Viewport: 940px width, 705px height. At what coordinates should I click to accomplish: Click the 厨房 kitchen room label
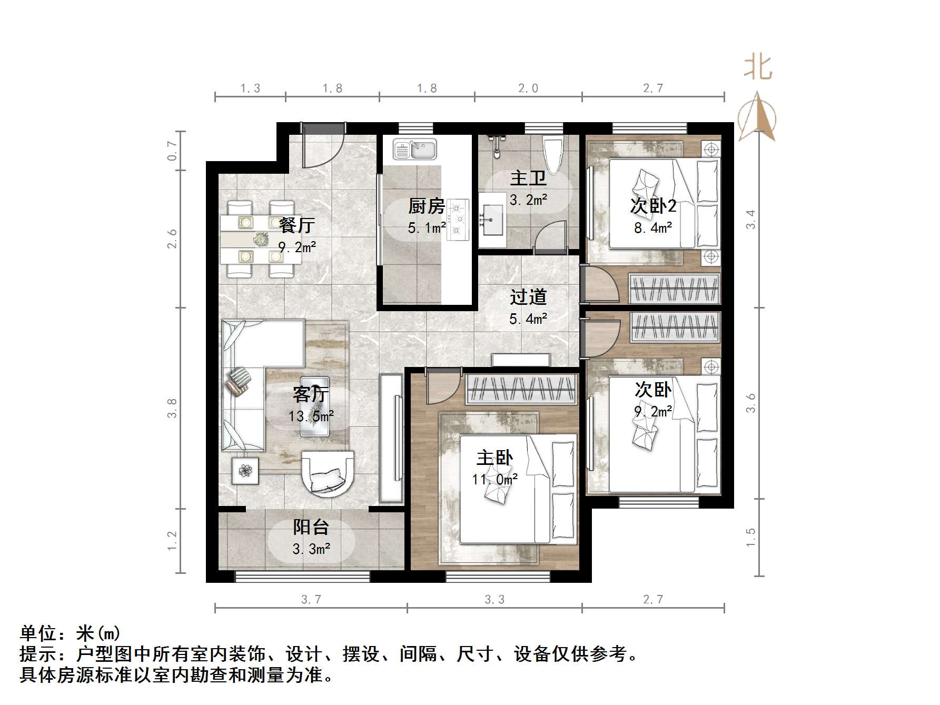coord(427,206)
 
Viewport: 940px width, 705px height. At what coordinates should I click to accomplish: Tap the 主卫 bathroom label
coord(528,178)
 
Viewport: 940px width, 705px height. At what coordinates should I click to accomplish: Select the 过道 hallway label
coord(528,297)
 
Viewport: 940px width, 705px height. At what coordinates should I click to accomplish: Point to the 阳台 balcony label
coord(311,527)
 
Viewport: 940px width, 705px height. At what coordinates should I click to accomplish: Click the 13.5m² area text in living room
coord(311,416)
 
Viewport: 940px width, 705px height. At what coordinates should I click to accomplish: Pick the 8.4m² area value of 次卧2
coord(653,228)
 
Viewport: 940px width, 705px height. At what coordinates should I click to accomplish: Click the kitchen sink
coord(415,149)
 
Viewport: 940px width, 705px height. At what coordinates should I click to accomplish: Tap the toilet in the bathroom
coord(553,153)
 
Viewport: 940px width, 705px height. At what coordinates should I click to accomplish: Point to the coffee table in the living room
coord(315,406)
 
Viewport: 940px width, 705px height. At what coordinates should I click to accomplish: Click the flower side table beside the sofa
coord(245,470)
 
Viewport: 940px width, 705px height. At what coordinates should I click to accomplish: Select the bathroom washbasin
coord(492,222)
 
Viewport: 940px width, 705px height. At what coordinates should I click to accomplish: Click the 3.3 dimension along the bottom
coord(494,599)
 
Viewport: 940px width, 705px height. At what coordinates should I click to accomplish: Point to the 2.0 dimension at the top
coord(528,88)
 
